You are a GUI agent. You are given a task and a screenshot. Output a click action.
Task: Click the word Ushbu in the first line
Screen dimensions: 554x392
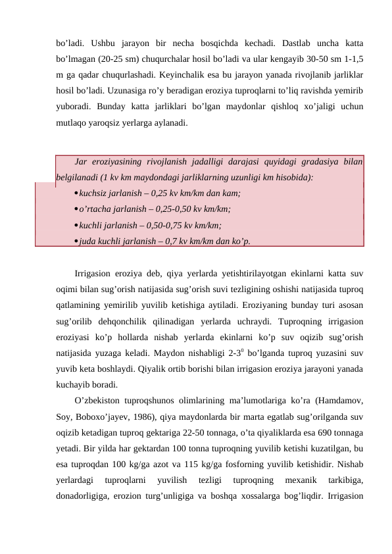click(x=100, y=32)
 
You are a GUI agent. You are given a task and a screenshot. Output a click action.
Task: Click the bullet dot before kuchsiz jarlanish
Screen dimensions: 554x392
click(x=76, y=193)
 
